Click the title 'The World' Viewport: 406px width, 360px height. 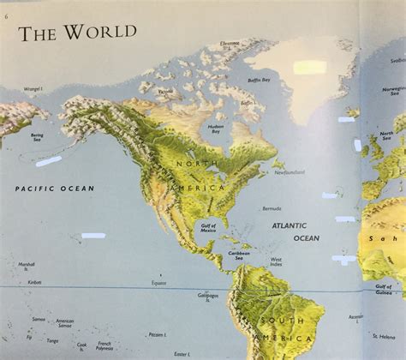point(78,33)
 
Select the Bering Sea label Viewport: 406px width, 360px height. point(37,137)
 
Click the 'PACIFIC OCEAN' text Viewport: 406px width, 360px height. point(55,188)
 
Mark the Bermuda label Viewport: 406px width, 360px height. point(272,208)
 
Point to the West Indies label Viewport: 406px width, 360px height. point(276,262)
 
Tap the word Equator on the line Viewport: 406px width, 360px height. point(158,282)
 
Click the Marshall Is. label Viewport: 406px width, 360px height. point(27,266)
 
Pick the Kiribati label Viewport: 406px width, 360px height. point(34,281)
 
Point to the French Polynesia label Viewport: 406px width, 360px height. point(104,346)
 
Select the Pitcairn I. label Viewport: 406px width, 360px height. point(157,335)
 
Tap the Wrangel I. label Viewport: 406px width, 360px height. point(33,88)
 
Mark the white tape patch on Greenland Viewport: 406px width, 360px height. point(309,66)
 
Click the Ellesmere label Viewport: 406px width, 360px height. point(230,43)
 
